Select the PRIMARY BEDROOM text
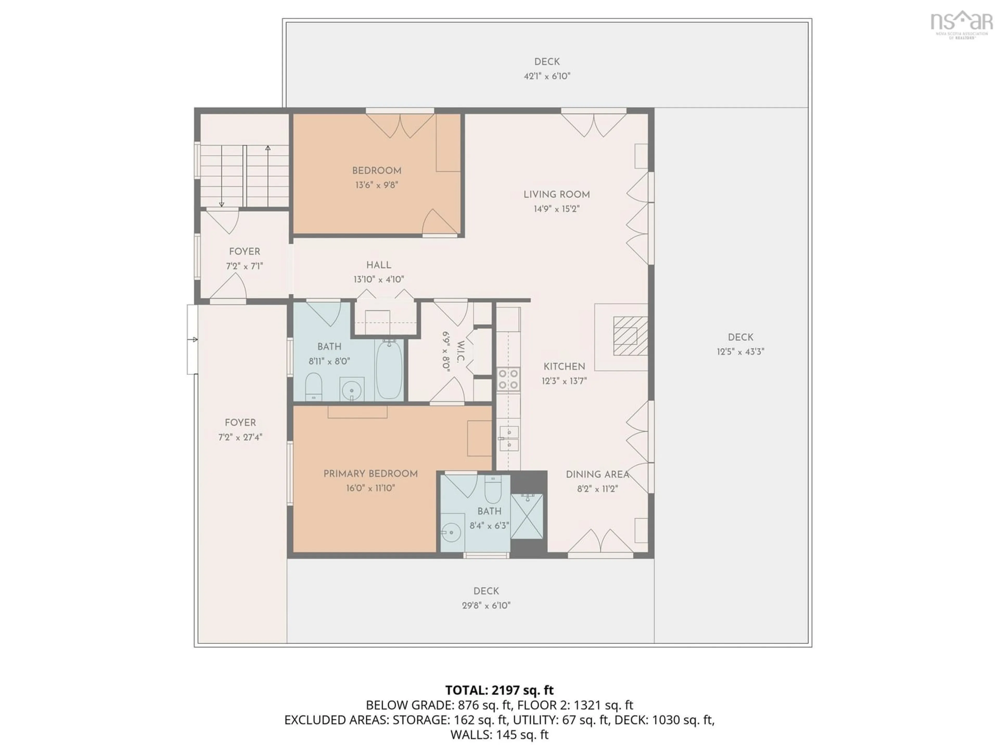point(370,474)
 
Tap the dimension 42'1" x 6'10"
point(547,76)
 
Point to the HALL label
point(379,265)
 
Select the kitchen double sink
point(509,438)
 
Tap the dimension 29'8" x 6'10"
point(486,605)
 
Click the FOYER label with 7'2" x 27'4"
point(240,423)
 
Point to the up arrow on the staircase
point(268,148)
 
